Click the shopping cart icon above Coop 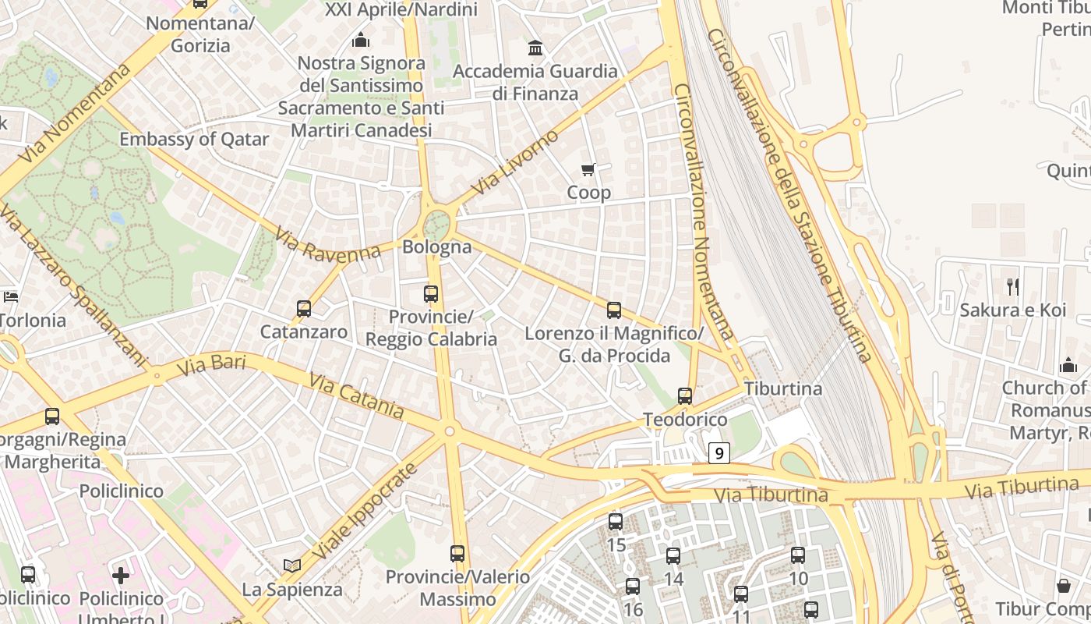pos(588,169)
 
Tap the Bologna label pos(437,247)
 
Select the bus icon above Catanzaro pos(304,309)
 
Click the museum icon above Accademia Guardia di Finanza pos(535,48)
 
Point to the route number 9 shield pos(719,452)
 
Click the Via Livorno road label pos(516,162)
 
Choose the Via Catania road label pos(356,395)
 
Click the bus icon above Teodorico pos(685,396)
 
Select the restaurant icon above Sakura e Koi pos(1012,287)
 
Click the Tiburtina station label pos(783,388)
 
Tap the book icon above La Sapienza pos(292,565)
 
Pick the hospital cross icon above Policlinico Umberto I pos(121,576)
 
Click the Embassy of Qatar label pos(194,140)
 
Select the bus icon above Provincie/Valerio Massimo pos(457,554)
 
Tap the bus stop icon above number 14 pos(673,556)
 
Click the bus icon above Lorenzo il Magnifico pos(614,310)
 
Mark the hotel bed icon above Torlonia pos(11,296)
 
